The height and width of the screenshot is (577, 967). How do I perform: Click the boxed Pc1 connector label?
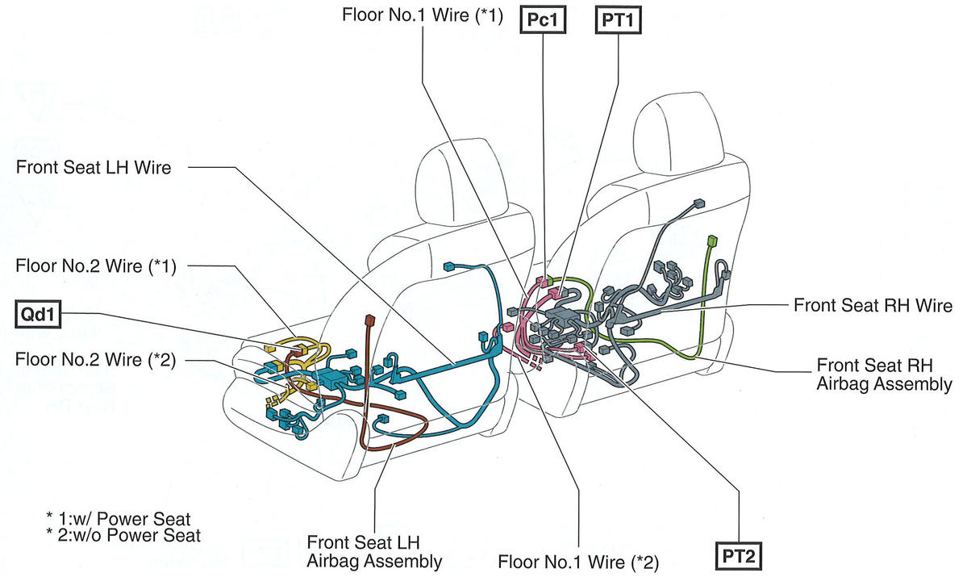tap(544, 19)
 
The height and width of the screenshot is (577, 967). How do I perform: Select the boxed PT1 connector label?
tap(618, 19)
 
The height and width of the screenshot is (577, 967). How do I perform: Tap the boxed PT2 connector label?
tap(739, 556)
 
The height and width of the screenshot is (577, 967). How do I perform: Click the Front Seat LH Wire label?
tap(94, 168)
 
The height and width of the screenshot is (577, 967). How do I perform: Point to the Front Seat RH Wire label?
tap(873, 306)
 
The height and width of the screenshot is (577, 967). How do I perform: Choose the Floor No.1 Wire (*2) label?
tap(578, 561)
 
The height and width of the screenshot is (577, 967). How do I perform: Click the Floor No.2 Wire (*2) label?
tap(96, 358)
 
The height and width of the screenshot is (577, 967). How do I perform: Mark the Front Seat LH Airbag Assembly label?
tap(374, 550)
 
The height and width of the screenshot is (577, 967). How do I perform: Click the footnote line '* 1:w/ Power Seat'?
tap(119, 517)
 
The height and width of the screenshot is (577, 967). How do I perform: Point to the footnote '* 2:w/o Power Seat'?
tap(123, 534)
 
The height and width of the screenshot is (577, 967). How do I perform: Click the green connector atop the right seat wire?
tap(711, 240)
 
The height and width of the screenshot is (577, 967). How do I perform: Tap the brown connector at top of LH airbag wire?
tap(370, 320)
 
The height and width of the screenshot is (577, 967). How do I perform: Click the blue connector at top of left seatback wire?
tap(449, 266)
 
